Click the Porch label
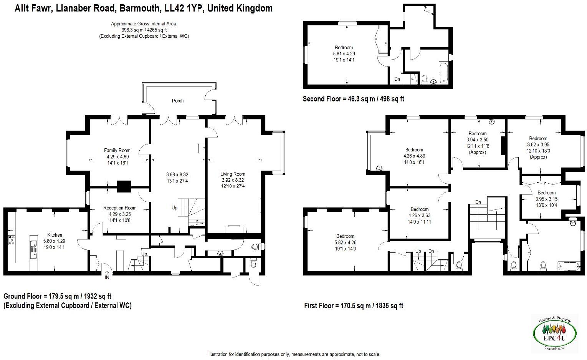tap(177, 101)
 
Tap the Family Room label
tap(117, 151)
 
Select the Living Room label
tap(233, 174)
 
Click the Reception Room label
tap(120, 208)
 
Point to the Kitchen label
tap(55, 235)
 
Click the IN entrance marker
tap(107, 277)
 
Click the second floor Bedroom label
tap(343, 48)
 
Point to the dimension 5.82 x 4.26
tap(345, 242)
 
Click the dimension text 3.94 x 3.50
tap(477, 140)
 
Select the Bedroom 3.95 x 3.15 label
tap(546, 193)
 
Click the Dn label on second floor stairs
tap(397, 79)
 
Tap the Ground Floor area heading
tap(57, 296)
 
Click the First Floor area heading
tap(353, 306)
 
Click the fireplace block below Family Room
tap(124, 186)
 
